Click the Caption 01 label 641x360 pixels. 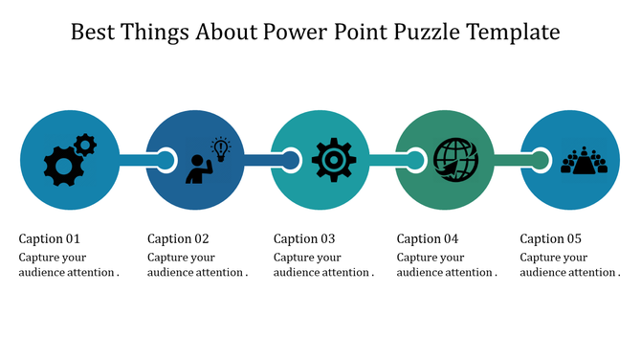tap(49, 238)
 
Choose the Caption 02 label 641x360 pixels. tap(178, 238)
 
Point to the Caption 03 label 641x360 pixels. tap(304, 238)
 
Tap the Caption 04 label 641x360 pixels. tap(428, 238)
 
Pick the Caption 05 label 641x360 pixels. tap(550, 238)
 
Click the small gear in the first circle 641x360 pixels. tap(85, 145)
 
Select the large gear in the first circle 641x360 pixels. tap(63, 167)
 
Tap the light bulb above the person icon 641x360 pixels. tap(221, 147)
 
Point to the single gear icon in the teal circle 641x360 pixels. tap(334, 160)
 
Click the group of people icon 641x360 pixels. tap(584, 160)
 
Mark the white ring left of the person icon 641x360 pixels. tap(166, 160)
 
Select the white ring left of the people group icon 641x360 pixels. tap(541, 160)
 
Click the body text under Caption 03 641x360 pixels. tap(323, 265)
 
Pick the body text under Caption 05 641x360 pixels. tap(569, 265)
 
